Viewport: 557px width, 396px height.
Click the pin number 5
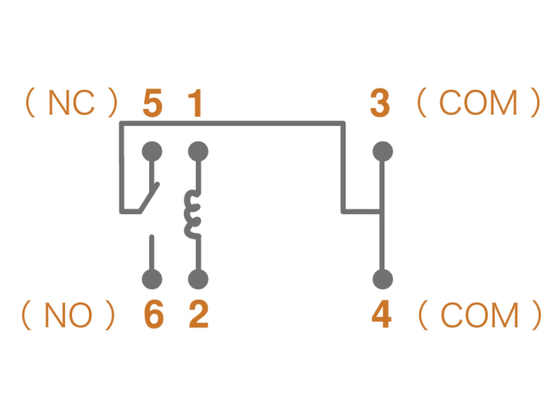[x=153, y=104]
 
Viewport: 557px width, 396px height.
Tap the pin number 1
[x=194, y=104]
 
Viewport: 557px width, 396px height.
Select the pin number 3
[x=380, y=104]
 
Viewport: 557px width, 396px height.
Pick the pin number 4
[x=381, y=315]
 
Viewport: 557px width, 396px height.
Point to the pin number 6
[x=154, y=315]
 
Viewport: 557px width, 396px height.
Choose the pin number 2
[x=199, y=315]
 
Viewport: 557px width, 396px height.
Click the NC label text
[x=72, y=103]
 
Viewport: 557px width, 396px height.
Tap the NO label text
[x=68, y=315]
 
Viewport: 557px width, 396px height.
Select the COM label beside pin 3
[x=478, y=103]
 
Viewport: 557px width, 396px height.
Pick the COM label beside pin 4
[x=479, y=315]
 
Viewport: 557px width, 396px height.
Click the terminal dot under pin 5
[x=152, y=152]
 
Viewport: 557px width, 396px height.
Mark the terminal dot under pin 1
[x=198, y=152]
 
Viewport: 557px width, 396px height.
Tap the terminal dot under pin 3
[x=382, y=152]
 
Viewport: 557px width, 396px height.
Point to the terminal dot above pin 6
[x=152, y=279]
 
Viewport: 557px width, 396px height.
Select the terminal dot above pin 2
[x=198, y=279]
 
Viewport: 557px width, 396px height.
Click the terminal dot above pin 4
[x=382, y=279]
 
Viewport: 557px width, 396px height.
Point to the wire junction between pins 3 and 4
[x=381, y=211]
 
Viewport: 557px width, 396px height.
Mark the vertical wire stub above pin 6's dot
[x=152, y=253]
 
